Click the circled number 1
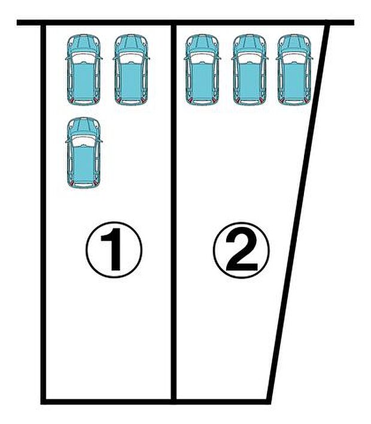coord(114,250)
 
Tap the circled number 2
coord(241,250)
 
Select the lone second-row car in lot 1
coord(84,153)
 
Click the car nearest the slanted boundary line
coord(294,69)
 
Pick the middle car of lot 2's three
coord(250,69)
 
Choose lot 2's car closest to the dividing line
coord(202,69)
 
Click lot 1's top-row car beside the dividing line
coord(131,69)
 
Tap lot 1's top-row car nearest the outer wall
coord(84,69)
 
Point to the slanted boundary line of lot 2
coord(299,212)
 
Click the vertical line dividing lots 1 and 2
coord(174,212)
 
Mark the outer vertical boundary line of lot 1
coord(43,212)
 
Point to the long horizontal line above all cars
coord(185,22)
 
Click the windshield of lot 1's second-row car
coord(84,141)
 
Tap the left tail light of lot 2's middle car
coord(238,101)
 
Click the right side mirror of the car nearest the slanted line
coord(311,57)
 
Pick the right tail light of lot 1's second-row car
coord(95,184)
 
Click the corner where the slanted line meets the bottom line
coord(269,402)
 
